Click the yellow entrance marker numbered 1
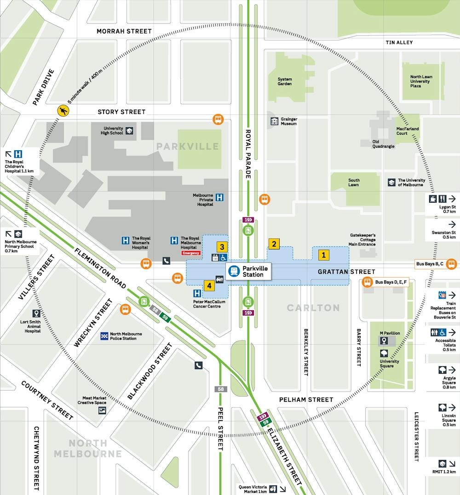click(x=324, y=254)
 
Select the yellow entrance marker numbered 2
click(x=274, y=244)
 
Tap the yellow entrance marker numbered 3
click(x=221, y=247)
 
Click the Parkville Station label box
click(x=249, y=271)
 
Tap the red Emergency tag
click(x=191, y=253)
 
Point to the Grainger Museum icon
click(x=274, y=121)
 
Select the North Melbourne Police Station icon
click(x=104, y=336)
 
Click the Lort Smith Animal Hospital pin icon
click(x=36, y=313)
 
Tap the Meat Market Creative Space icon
click(x=102, y=410)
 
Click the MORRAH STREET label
click(x=124, y=31)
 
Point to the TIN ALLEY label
click(x=399, y=42)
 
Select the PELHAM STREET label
click(x=306, y=399)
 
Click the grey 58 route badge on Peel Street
click(x=221, y=389)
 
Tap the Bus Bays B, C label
click(x=430, y=264)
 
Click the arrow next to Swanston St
click(x=452, y=224)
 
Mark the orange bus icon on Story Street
click(x=218, y=119)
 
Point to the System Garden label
click(x=285, y=81)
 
